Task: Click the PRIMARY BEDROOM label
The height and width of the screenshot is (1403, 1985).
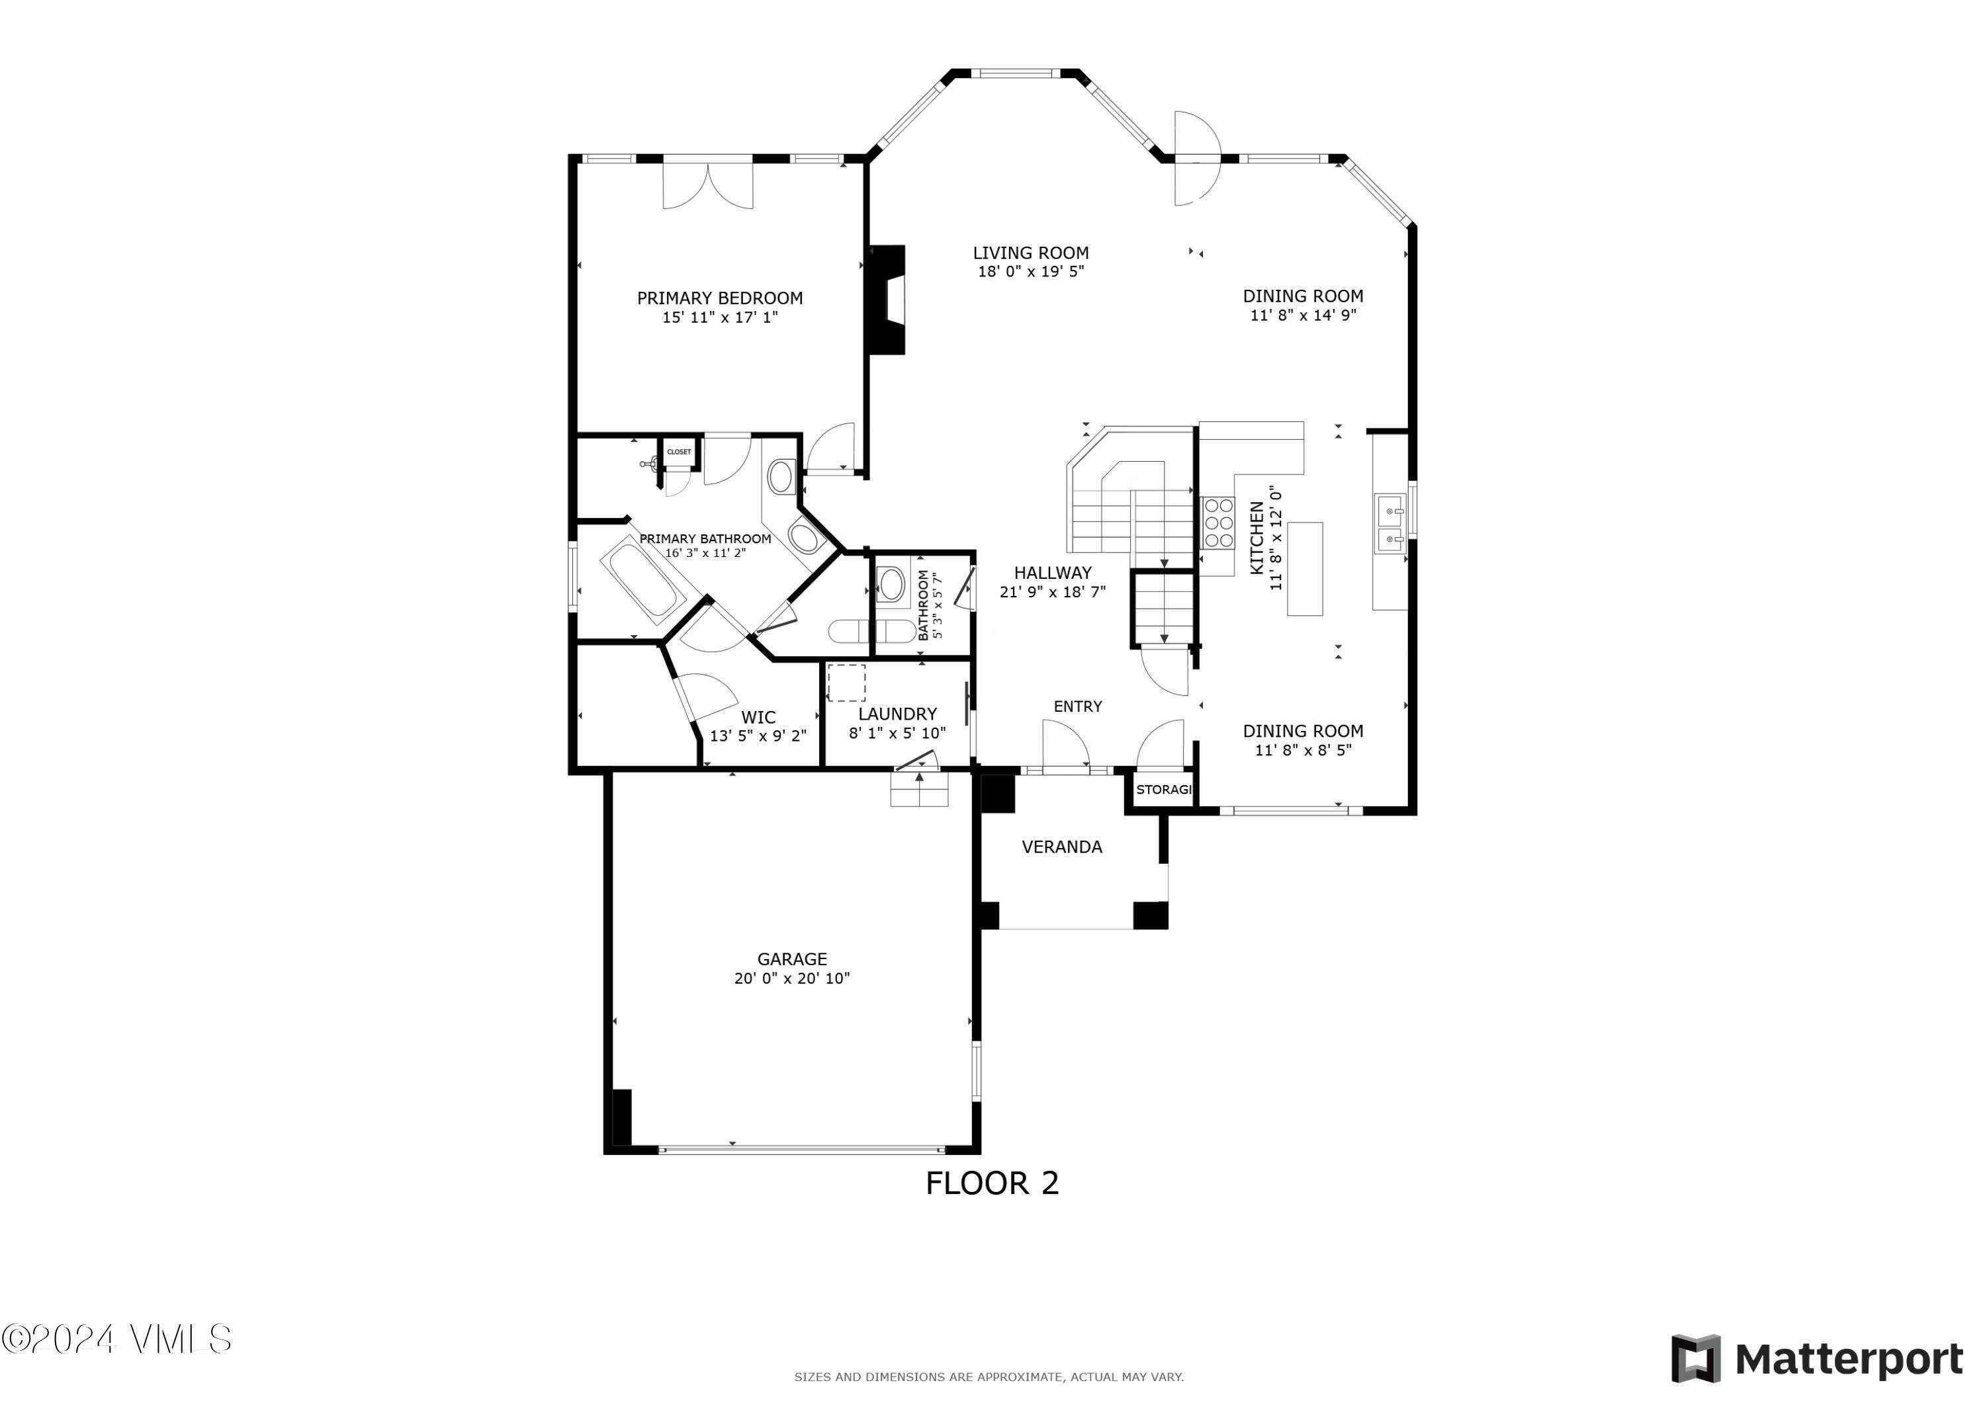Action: point(719,298)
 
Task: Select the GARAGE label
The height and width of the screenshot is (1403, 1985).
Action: point(792,958)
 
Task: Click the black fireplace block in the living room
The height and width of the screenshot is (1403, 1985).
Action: point(887,300)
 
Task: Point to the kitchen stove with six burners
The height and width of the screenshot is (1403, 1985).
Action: point(1219,524)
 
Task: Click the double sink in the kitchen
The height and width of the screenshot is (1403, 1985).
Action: point(1390,524)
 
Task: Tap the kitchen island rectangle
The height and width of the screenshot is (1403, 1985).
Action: point(1305,569)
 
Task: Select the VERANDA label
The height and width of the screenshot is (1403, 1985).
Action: point(1062,847)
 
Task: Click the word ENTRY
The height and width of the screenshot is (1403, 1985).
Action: point(1077,706)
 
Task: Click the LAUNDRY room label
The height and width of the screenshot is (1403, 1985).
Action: point(897,714)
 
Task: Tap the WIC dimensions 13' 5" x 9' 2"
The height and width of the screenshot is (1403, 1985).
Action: point(758,736)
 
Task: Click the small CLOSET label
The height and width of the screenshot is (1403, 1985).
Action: point(679,452)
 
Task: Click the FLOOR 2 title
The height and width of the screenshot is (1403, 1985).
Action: point(992,1183)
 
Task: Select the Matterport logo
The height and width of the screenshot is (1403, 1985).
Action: point(1816,1359)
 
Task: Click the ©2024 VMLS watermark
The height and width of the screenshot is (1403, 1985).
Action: point(116,1339)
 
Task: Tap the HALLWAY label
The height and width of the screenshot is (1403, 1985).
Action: point(1052,572)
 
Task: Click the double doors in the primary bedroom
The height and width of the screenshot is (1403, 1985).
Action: point(708,186)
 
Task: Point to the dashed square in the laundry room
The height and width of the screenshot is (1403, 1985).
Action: point(846,683)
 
